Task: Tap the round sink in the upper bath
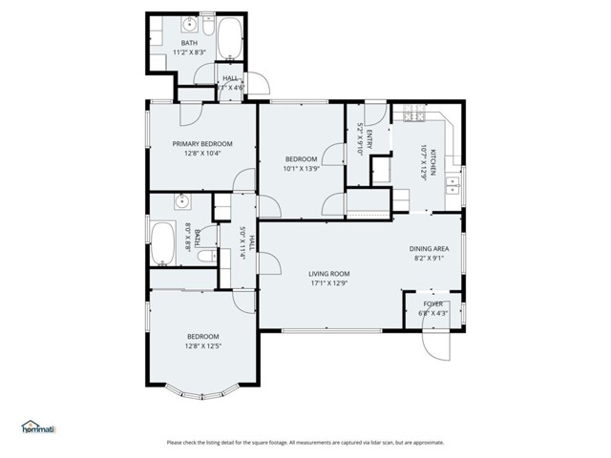pyautogui.click(x=189, y=22)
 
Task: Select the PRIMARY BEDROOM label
pyautogui.click(x=202, y=143)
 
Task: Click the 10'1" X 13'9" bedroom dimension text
pyautogui.click(x=301, y=169)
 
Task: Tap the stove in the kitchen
pyautogui.click(x=412, y=114)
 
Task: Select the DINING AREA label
pyautogui.click(x=429, y=248)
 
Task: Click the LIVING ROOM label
pyautogui.click(x=327, y=273)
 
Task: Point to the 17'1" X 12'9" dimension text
pyautogui.click(x=327, y=282)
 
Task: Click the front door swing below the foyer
pyautogui.click(x=435, y=342)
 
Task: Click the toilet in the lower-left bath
pyautogui.click(x=202, y=256)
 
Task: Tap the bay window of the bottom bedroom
pyautogui.click(x=202, y=386)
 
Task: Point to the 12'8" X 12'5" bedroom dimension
pyautogui.click(x=202, y=345)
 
